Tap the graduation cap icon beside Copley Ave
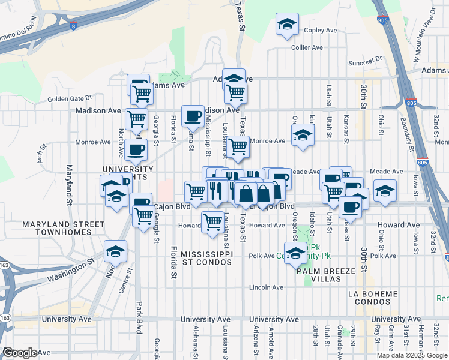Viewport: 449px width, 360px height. point(287,25)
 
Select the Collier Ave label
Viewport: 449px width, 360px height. point(307,47)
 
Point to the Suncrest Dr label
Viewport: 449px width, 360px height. point(364,61)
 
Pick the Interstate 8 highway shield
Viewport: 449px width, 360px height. point(73,26)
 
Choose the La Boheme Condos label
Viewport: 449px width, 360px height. point(373,298)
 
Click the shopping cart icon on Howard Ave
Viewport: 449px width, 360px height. point(212,222)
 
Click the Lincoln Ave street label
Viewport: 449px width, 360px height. point(266,287)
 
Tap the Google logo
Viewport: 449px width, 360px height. point(20,353)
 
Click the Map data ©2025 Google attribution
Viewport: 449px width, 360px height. point(411,355)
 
